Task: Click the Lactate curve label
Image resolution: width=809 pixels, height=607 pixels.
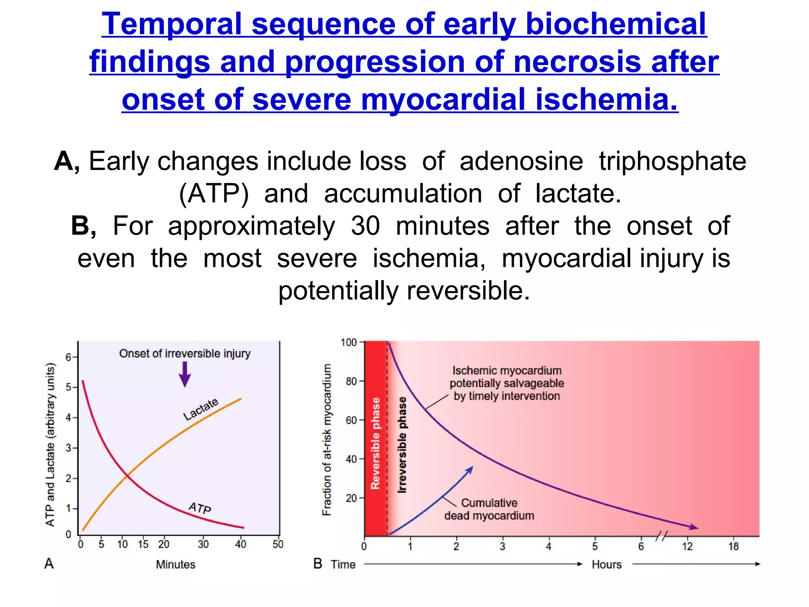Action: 201,409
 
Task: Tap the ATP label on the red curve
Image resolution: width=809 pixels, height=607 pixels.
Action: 200,507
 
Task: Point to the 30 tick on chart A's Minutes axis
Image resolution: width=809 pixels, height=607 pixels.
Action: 203,544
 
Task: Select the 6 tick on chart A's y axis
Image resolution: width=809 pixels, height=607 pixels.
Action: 68,357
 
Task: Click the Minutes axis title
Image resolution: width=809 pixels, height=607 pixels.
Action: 175,564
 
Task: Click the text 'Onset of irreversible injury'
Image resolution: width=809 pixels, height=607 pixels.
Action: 185,353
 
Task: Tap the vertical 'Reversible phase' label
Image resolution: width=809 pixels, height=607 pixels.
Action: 375,443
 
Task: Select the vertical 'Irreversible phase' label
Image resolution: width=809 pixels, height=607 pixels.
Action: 402,445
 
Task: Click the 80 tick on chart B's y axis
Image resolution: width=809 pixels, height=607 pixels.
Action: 351,381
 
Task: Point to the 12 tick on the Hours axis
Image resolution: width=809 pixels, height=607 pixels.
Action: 687,546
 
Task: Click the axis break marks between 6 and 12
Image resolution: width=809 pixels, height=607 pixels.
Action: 662,536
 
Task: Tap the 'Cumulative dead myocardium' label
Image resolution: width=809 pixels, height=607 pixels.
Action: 489,509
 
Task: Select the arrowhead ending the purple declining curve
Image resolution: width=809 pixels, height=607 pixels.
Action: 694,527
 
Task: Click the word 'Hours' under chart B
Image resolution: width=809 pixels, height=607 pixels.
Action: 606,564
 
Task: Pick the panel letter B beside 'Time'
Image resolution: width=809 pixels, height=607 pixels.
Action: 318,563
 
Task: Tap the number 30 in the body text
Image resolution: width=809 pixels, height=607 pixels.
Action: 365,226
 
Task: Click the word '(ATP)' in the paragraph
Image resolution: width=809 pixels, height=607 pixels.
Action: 214,194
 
